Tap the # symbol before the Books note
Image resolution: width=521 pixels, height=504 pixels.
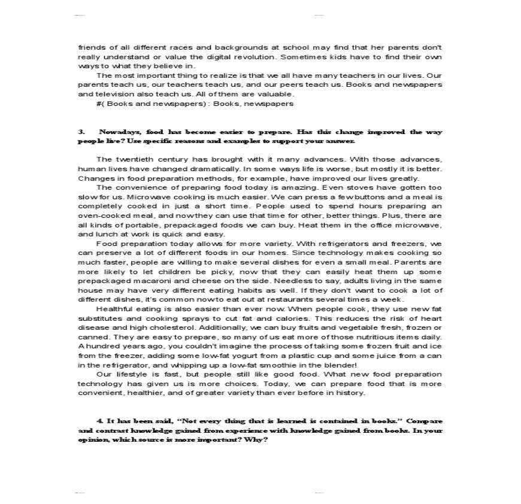pos(98,104)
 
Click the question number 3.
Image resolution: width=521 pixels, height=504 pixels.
pos(80,132)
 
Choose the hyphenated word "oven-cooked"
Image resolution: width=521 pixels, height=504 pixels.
pos(101,215)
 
